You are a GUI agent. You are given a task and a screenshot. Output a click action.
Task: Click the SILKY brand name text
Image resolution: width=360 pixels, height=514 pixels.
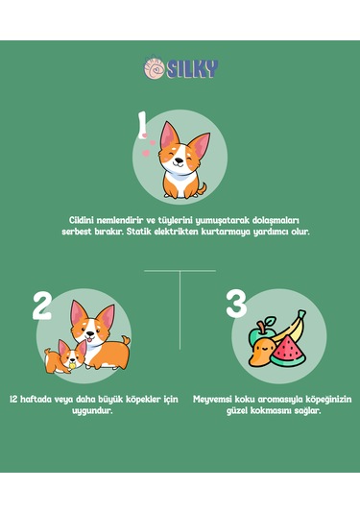192,68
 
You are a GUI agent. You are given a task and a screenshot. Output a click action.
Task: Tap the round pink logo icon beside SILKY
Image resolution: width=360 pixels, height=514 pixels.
154,68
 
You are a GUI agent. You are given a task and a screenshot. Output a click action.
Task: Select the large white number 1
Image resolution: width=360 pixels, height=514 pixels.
143,124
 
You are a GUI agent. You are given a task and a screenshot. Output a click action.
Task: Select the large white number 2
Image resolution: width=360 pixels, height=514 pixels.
41,306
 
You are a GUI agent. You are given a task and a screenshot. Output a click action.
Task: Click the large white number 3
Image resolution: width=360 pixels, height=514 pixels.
236,306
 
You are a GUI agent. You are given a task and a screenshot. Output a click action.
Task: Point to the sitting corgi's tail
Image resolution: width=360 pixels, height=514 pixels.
201,184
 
